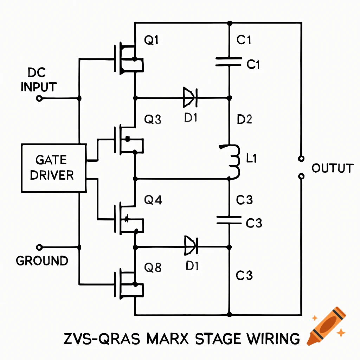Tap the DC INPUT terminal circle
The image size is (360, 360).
coord(39,98)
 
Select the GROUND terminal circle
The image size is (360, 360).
coord(39,247)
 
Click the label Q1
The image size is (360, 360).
coord(152,41)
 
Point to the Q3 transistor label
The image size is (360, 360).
coord(153,120)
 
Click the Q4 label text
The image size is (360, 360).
coord(153,201)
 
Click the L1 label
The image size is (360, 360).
coord(252,159)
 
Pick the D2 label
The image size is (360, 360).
coord(245,120)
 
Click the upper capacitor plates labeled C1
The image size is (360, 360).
coord(229,62)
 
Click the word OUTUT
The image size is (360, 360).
coord(332,168)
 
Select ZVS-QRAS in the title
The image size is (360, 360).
coord(102,339)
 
